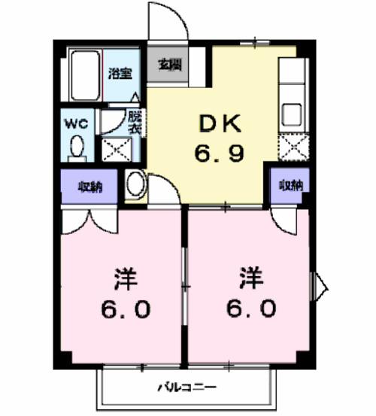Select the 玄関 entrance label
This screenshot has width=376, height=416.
click(168, 65)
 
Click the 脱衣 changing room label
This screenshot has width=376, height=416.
click(134, 123)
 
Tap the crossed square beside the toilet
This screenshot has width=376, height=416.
click(115, 149)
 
